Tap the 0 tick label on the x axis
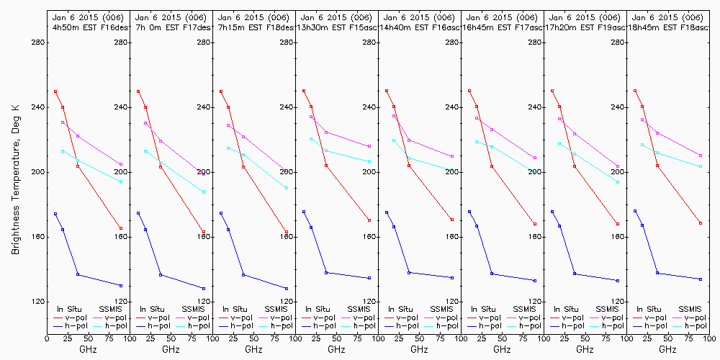point(47,336)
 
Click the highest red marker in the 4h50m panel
point(55,91)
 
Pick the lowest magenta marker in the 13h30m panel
point(369,146)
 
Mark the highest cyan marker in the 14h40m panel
point(394,140)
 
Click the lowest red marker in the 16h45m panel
point(535,224)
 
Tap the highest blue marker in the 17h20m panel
point(552,212)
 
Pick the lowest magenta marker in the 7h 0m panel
point(204,174)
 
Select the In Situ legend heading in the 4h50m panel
point(71,308)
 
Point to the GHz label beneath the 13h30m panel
point(336,349)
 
